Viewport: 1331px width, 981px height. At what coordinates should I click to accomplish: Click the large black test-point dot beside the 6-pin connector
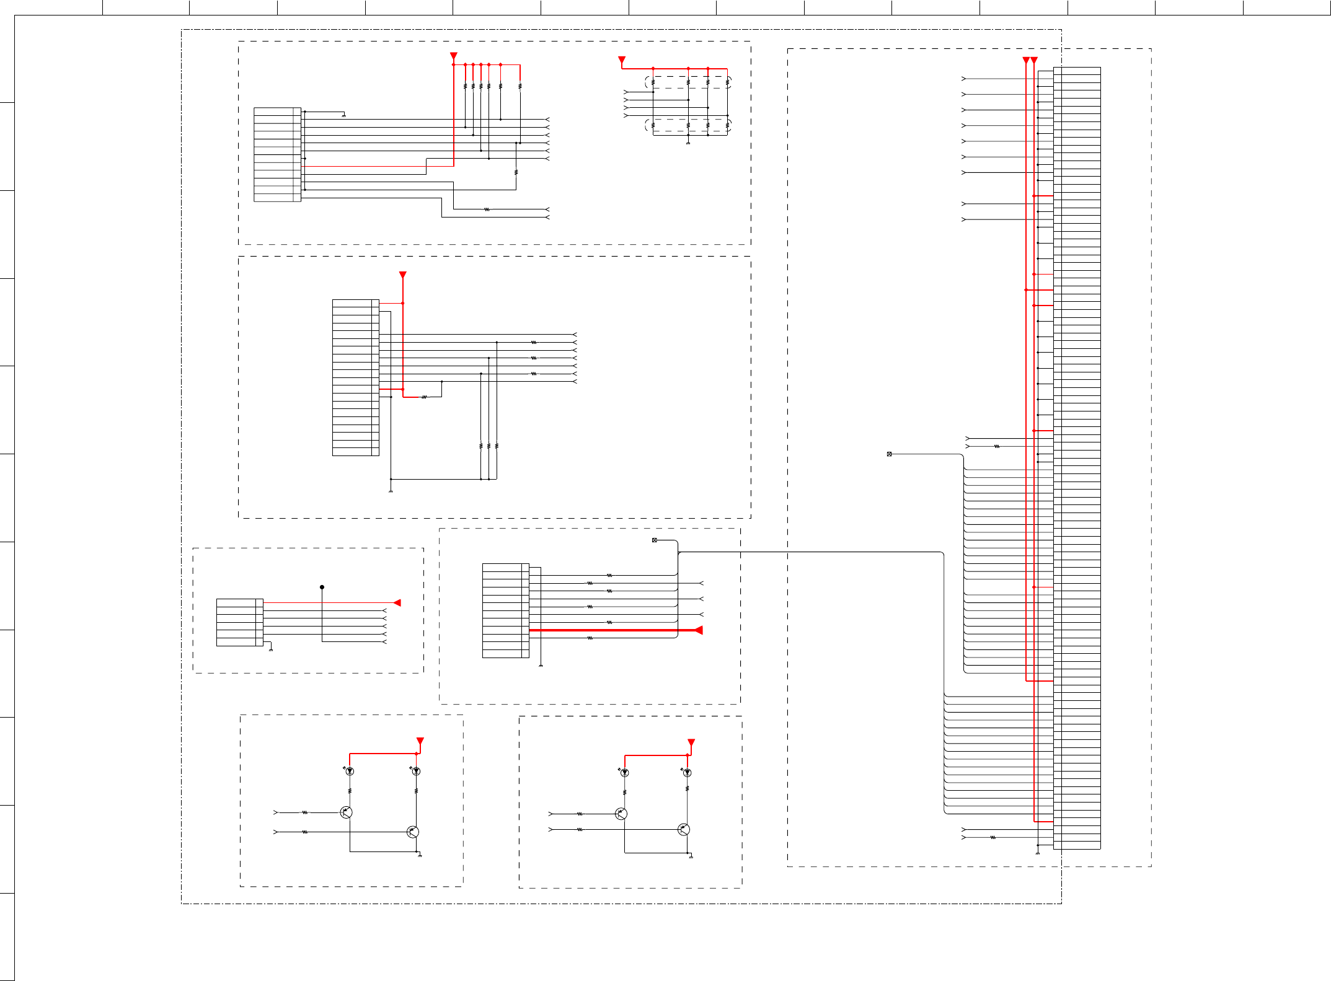point(322,587)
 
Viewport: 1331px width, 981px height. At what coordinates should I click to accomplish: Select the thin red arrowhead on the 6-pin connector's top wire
point(397,602)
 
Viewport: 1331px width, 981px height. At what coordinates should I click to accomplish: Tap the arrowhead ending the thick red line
point(699,630)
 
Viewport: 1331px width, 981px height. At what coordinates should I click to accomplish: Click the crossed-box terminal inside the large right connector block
point(889,454)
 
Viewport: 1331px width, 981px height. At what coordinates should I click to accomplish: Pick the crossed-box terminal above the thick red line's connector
point(654,540)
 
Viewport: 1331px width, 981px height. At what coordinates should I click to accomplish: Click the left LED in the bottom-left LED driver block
point(350,772)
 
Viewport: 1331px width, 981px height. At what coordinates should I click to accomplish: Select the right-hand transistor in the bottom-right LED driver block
point(684,829)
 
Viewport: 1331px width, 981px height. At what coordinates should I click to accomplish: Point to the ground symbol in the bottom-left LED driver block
point(420,856)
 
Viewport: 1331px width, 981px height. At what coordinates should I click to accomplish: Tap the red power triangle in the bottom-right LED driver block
point(691,742)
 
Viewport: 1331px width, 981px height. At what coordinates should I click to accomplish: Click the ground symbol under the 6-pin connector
point(271,649)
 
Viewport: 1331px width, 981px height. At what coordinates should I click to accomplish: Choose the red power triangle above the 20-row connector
point(403,275)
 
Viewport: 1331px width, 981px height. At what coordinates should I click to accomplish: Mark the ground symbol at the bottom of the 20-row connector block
point(391,491)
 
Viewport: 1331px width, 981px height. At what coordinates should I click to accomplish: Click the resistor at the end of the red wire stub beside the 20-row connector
point(424,397)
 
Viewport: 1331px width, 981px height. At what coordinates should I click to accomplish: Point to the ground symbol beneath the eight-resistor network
point(688,143)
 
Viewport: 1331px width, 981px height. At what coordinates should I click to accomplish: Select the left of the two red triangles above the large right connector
point(1026,60)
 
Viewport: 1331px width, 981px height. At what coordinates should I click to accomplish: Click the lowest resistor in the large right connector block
point(993,837)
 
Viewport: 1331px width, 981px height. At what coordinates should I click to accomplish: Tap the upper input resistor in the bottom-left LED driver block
point(304,812)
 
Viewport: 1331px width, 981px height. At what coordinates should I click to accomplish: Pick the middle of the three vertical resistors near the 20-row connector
point(489,446)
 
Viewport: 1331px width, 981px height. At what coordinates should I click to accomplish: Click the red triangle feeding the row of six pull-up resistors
point(454,56)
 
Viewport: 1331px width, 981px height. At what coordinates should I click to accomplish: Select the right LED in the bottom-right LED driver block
point(687,773)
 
